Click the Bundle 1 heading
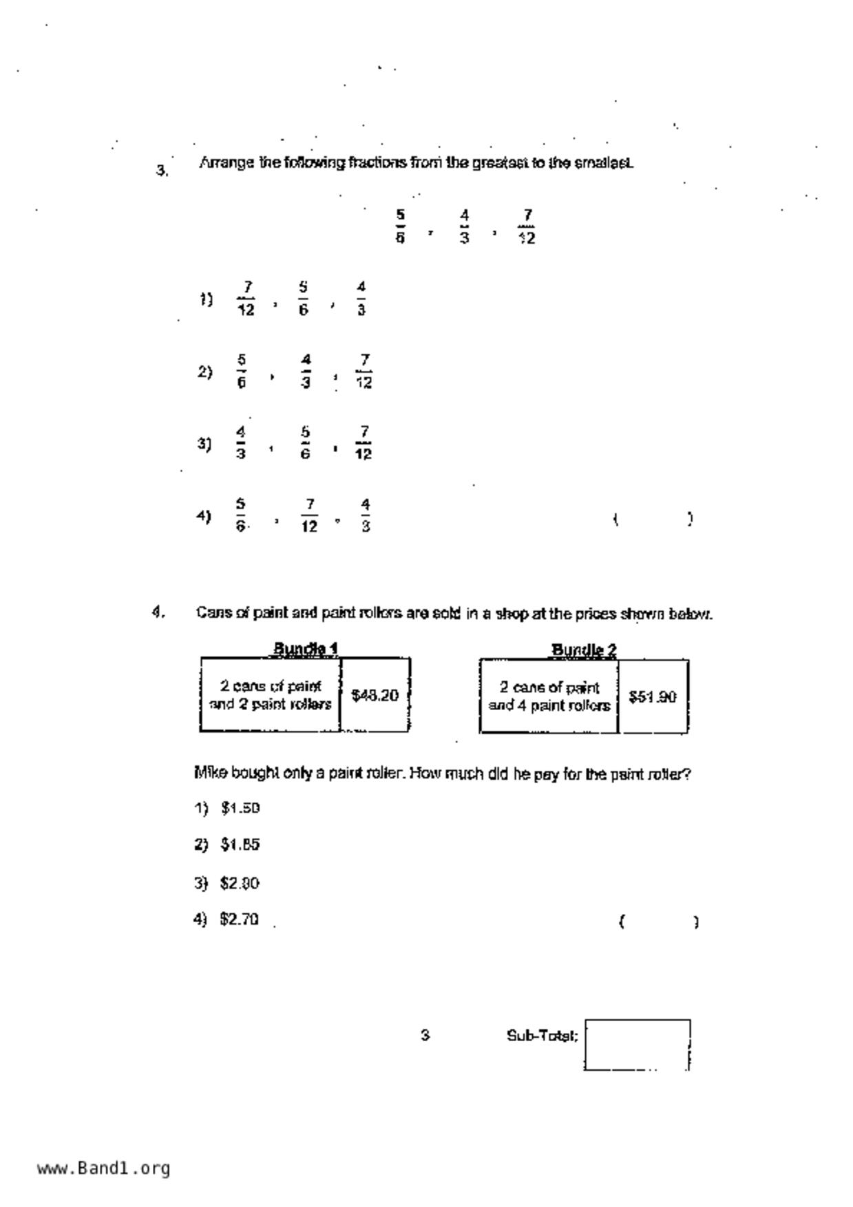point(305,648)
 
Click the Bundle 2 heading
point(584,650)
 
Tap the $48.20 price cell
point(375,696)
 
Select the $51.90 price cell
point(653,697)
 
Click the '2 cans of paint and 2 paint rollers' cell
point(271,695)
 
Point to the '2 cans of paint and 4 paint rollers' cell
point(549,696)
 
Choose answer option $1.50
point(240,808)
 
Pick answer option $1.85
point(240,844)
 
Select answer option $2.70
point(239,919)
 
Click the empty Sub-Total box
point(637,1045)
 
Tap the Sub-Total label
point(542,1036)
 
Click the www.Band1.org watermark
point(103,1168)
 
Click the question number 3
point(162,171)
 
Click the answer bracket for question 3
point(653,519)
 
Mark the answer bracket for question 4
point(659,921)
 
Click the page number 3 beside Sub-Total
point(425,1035)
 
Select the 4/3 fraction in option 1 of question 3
point(361,298)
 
